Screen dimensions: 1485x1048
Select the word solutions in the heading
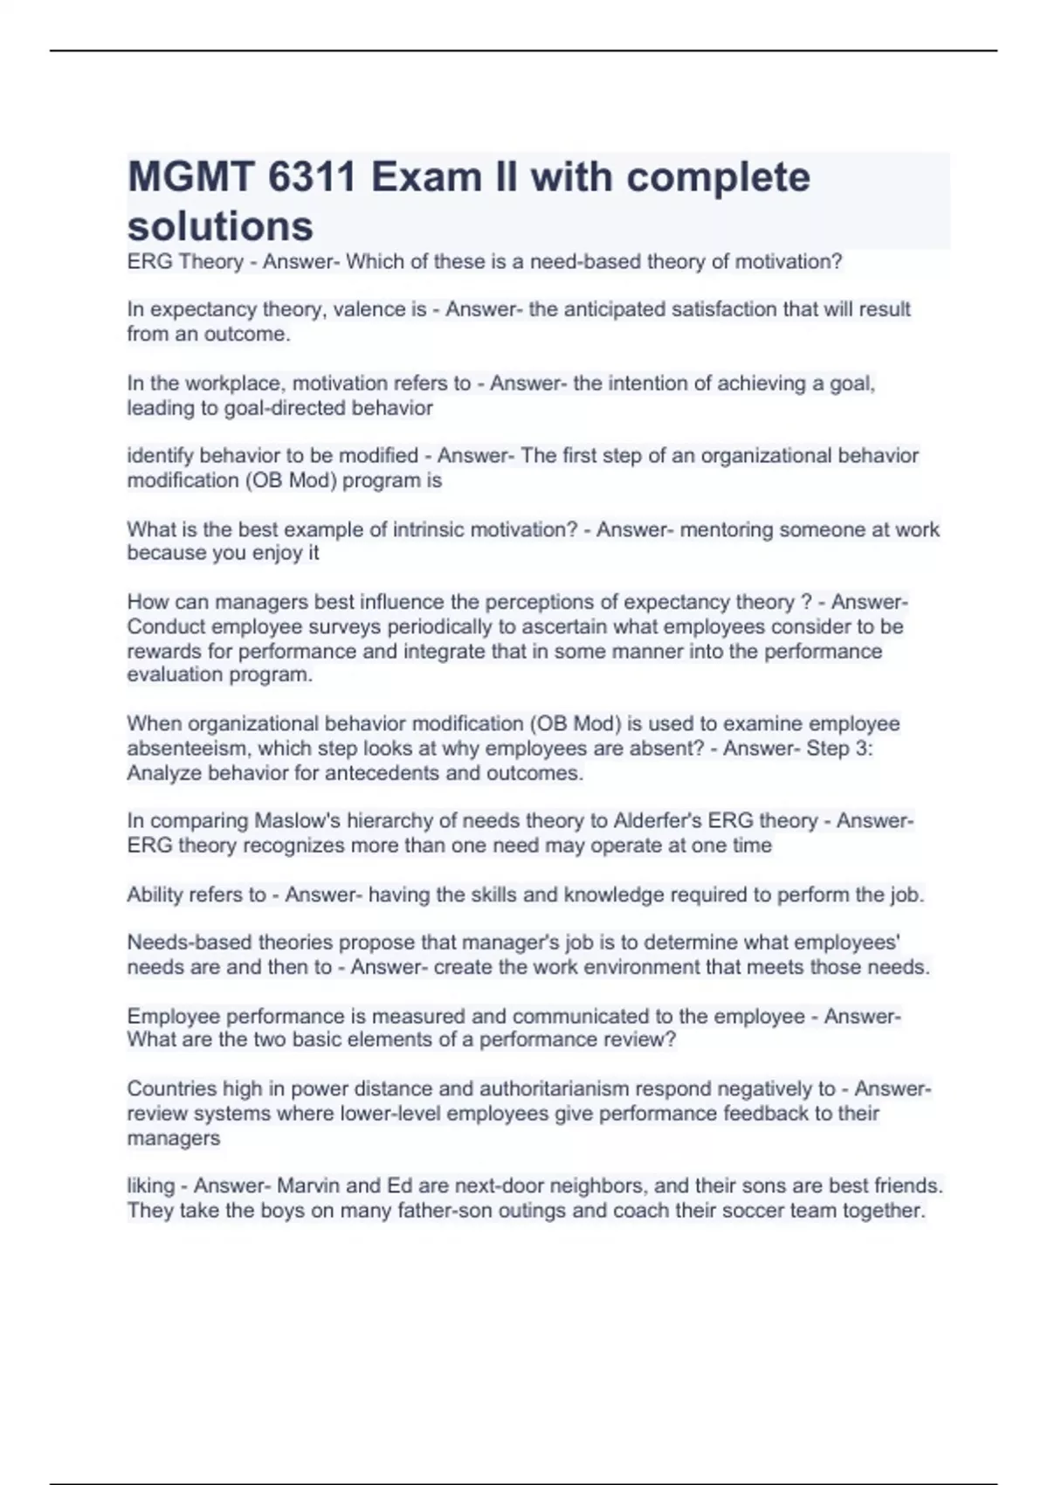pyautogui.click(x=220, y=225)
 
